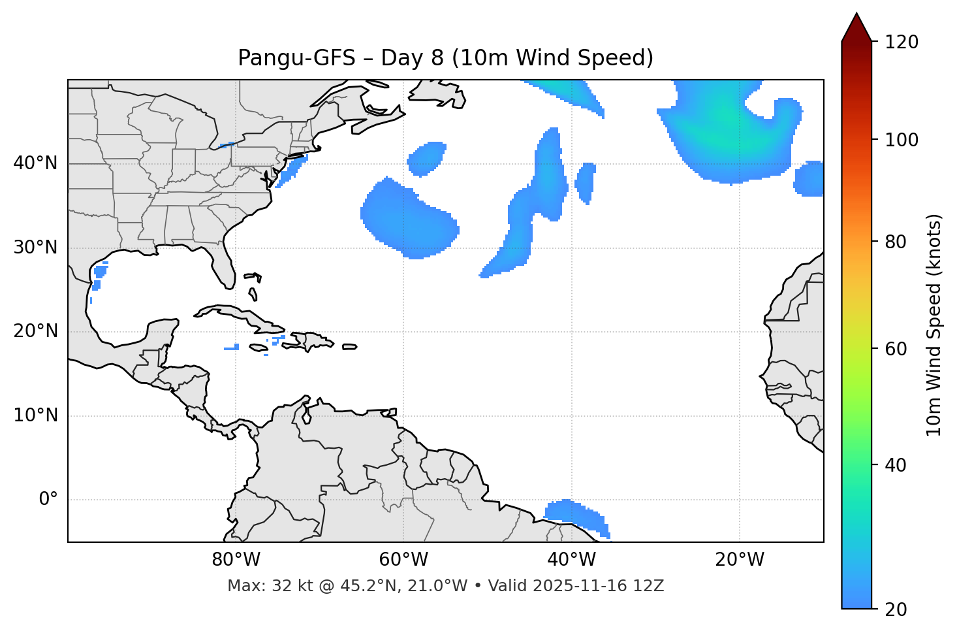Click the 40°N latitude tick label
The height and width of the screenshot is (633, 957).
(x=35, y=163)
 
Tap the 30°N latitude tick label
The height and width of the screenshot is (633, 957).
(x=35, y=248)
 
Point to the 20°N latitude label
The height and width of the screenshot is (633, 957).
(x=35, y=331)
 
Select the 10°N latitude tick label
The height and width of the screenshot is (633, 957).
(x=35, y=415)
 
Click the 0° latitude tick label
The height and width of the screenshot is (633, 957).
(x=48, y=500)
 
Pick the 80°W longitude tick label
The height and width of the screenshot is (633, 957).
(x=236, y=560)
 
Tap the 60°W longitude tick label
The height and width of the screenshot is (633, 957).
(x=403, y=560)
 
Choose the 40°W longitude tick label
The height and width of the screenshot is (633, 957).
(x=571, y=560)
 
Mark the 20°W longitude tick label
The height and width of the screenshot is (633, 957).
(x=739, y=560)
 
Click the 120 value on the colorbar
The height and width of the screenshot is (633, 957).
(x=902, y=42)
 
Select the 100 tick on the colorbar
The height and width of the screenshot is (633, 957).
(x=902, y=140)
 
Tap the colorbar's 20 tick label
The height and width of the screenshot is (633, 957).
(x=896, y=609)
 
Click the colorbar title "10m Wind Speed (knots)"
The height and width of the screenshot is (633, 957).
(x=934, y=325)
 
